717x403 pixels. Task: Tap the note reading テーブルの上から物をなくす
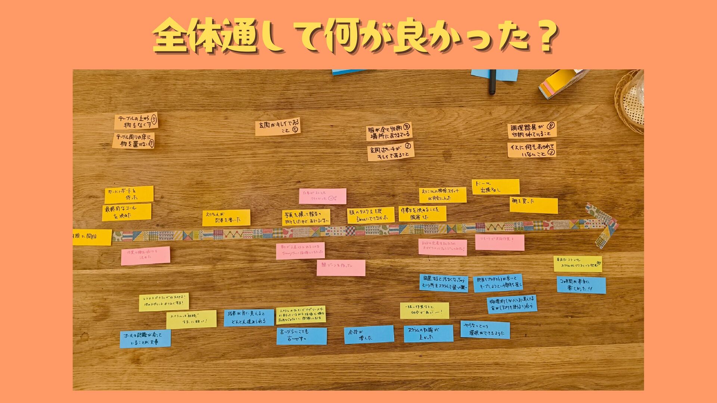click(136, 121)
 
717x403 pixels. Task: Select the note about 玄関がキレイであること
click(277, 127)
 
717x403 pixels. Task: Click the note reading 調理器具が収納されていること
click(532, 130)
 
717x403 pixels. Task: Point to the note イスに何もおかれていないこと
click(531, 150)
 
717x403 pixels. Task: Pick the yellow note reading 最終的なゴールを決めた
click(127, 212)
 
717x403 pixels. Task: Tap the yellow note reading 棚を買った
click(533, 205)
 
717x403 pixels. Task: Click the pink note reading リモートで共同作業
click(499, 242)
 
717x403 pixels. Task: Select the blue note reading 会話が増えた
click(369, 334)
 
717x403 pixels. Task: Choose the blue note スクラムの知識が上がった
click(428, 334)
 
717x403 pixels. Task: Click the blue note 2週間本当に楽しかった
click(581, 285)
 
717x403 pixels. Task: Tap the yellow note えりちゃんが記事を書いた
click(226, 218)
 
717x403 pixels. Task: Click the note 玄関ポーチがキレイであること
click(390, 152)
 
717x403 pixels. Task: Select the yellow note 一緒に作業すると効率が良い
click(424, 310)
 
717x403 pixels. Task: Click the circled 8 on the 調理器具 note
click(550, 126)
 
